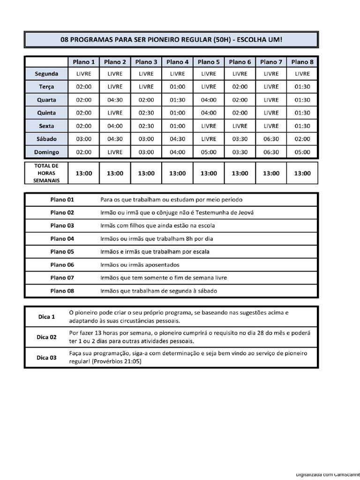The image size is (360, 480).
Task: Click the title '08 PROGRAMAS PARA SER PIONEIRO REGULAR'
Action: (x=171, y=40)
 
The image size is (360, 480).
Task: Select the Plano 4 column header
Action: (x=178, y=62)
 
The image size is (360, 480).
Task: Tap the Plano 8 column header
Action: (x=302, y=62)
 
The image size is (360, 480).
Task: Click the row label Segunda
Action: (x=46, y=74)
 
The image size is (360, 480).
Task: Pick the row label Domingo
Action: (x=46, y=152)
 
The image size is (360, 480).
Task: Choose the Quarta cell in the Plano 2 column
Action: (x=115, y=100)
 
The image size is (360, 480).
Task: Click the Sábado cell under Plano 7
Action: (x=271, y=139)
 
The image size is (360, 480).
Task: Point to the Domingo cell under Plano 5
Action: (x=209, y=152)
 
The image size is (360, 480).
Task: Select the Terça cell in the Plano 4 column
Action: (x=178, y=87)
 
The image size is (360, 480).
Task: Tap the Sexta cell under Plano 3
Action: (x=146, y=126)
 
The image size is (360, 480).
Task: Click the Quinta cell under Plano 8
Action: (x=302, y=113)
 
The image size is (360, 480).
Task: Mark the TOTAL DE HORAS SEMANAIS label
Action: (x=46, y=173)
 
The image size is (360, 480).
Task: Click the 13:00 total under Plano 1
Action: (x=84, y=173)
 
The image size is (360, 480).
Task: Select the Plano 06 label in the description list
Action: (x=62, y=265)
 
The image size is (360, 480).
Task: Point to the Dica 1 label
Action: (x=46, y=316)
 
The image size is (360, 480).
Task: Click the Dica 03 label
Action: (x=46, y=358)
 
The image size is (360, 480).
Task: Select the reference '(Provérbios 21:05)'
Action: (x=117, y=361)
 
